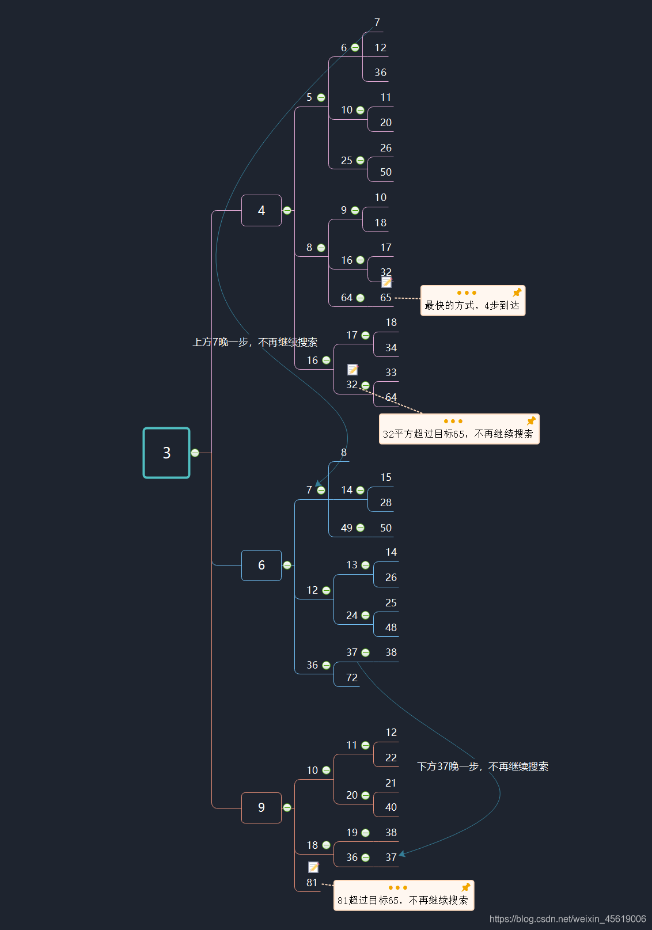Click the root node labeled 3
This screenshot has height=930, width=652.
coord(166,453)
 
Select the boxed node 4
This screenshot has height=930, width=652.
coord(261,211)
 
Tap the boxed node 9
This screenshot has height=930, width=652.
coord(261,808)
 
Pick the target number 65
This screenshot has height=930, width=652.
coord(386,298)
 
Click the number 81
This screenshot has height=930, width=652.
coord(312,883)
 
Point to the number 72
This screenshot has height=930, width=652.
coord(352,678)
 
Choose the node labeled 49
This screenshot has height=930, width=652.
coord(347,528)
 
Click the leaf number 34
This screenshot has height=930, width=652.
coord(391,348)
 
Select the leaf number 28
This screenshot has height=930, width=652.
coord(386,503)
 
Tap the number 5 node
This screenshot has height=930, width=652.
coord(309,97)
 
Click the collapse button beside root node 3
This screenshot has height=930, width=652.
coord(195,453)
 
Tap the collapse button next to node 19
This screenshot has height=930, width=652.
coord(365,833)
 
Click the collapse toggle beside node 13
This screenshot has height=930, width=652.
coord(365,565)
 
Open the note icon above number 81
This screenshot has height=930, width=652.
coord(313,867)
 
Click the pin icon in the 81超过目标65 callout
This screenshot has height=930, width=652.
coord(466,887)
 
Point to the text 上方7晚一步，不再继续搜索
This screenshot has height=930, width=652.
coord(255,342)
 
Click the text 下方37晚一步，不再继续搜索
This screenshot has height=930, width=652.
coord(483,766)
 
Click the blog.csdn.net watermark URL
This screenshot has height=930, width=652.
coord(567,919)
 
